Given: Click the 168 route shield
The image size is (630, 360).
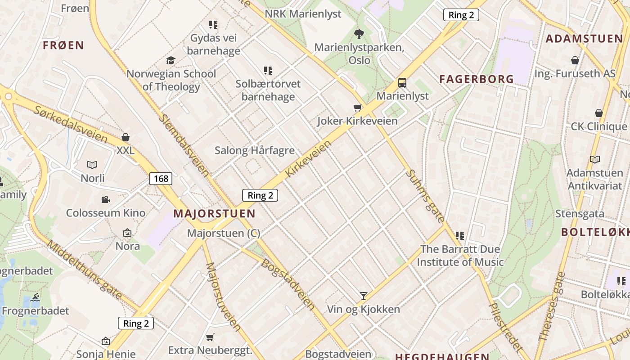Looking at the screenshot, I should [x=161, y=179].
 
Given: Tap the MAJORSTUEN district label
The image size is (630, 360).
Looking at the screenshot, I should [x=214, y=213].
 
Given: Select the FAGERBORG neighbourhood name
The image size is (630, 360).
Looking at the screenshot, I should [x=477, y=79].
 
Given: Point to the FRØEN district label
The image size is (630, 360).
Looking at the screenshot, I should [x=63, y=45].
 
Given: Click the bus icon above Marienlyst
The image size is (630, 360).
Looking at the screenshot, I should [x=402, y=83].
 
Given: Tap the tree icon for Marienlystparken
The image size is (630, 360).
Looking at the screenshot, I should [x=359, y=34].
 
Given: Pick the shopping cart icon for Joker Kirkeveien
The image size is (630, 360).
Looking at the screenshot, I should [x=358, y=108].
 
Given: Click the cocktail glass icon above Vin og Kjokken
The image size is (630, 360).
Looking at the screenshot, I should [x=364, y=296].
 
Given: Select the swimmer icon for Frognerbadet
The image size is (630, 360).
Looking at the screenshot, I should [x=36, y=297].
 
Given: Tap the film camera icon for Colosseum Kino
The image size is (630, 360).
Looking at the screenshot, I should [x=105, y=199].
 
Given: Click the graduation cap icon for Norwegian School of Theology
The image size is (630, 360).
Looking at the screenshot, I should [x=171, y=60].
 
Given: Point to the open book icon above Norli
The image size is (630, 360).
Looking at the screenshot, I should [x=92, y=165].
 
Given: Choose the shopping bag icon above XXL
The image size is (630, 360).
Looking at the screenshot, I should [x=126, y=137].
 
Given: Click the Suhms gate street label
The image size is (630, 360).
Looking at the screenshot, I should [x=425, y=196].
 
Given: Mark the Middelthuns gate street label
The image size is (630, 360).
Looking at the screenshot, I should [x=84, y=270].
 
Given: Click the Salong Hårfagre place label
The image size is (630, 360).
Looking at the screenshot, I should [x=255, y=150].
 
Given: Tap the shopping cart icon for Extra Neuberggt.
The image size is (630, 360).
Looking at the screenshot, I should [x=210, y=337].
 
